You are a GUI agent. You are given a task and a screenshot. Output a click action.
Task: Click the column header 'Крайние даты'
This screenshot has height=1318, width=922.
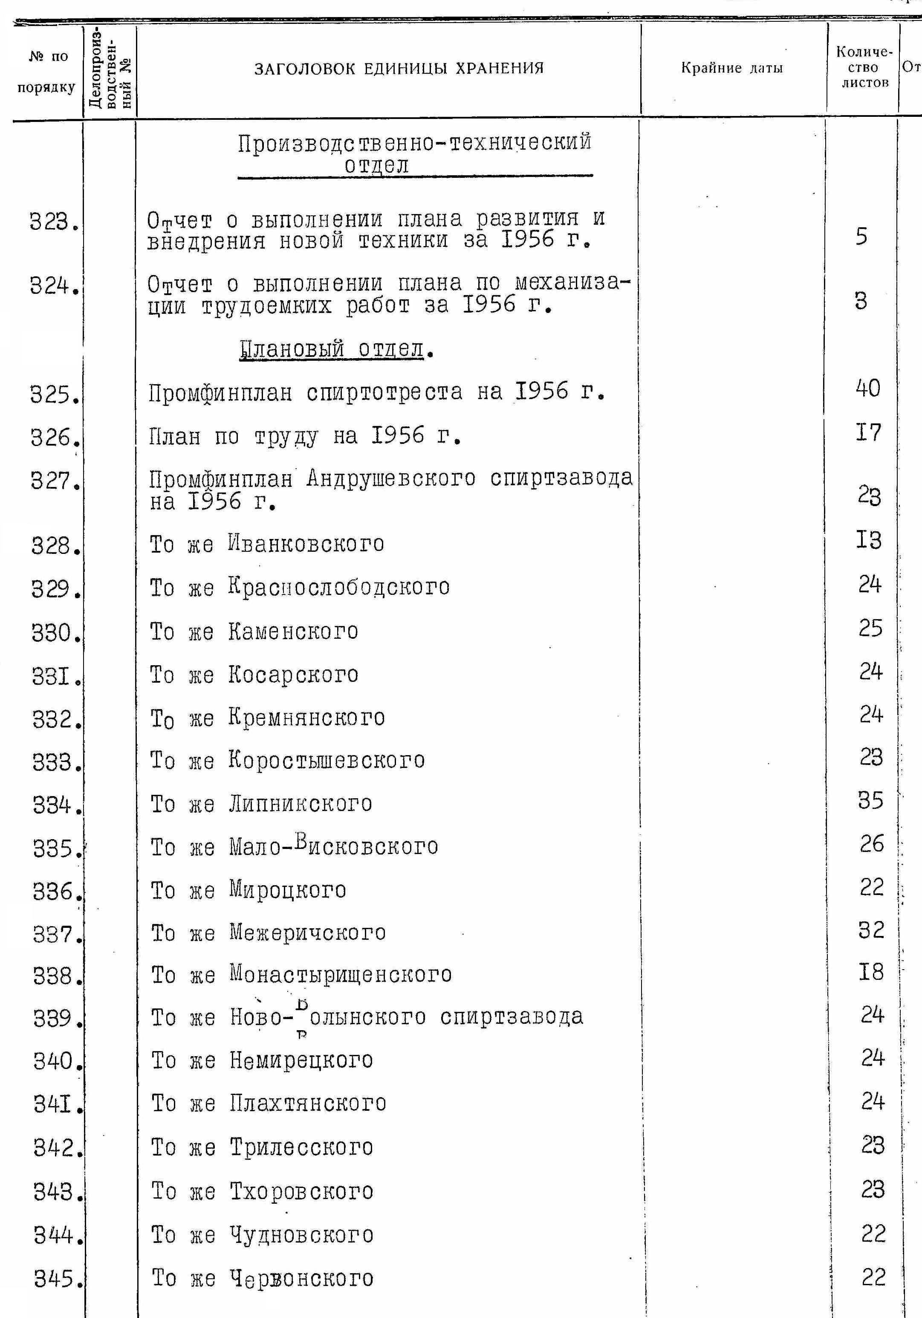point(731,68)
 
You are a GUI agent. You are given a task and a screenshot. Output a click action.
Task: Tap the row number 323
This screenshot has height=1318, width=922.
point(53,222)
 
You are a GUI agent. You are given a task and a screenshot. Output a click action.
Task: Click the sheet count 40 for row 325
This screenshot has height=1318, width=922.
point(867,388)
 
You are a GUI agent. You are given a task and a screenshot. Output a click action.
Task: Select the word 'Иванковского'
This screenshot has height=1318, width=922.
point(306,544)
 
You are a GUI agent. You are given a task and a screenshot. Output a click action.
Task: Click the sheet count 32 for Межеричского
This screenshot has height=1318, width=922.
point(871,930)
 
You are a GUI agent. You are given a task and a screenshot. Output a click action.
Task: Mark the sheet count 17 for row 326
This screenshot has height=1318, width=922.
point(868,432)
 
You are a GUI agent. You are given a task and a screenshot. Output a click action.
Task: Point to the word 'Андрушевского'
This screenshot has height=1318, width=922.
point(391,478)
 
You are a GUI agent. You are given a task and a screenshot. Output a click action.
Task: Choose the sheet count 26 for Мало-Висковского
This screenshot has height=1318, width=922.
point(871,844)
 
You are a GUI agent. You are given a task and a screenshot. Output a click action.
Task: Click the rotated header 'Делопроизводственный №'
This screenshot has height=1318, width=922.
point(110,69)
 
